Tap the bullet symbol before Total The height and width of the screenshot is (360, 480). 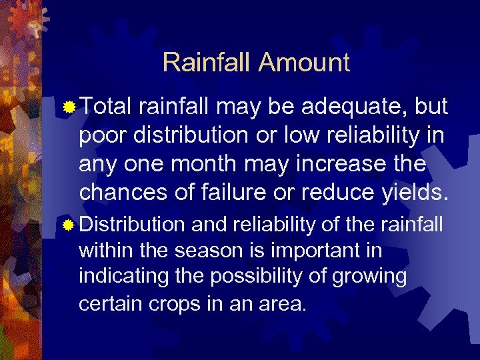tap(68, 107)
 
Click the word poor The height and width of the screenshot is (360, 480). tap(102, 135)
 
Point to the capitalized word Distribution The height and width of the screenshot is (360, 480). tap(131, 225)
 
